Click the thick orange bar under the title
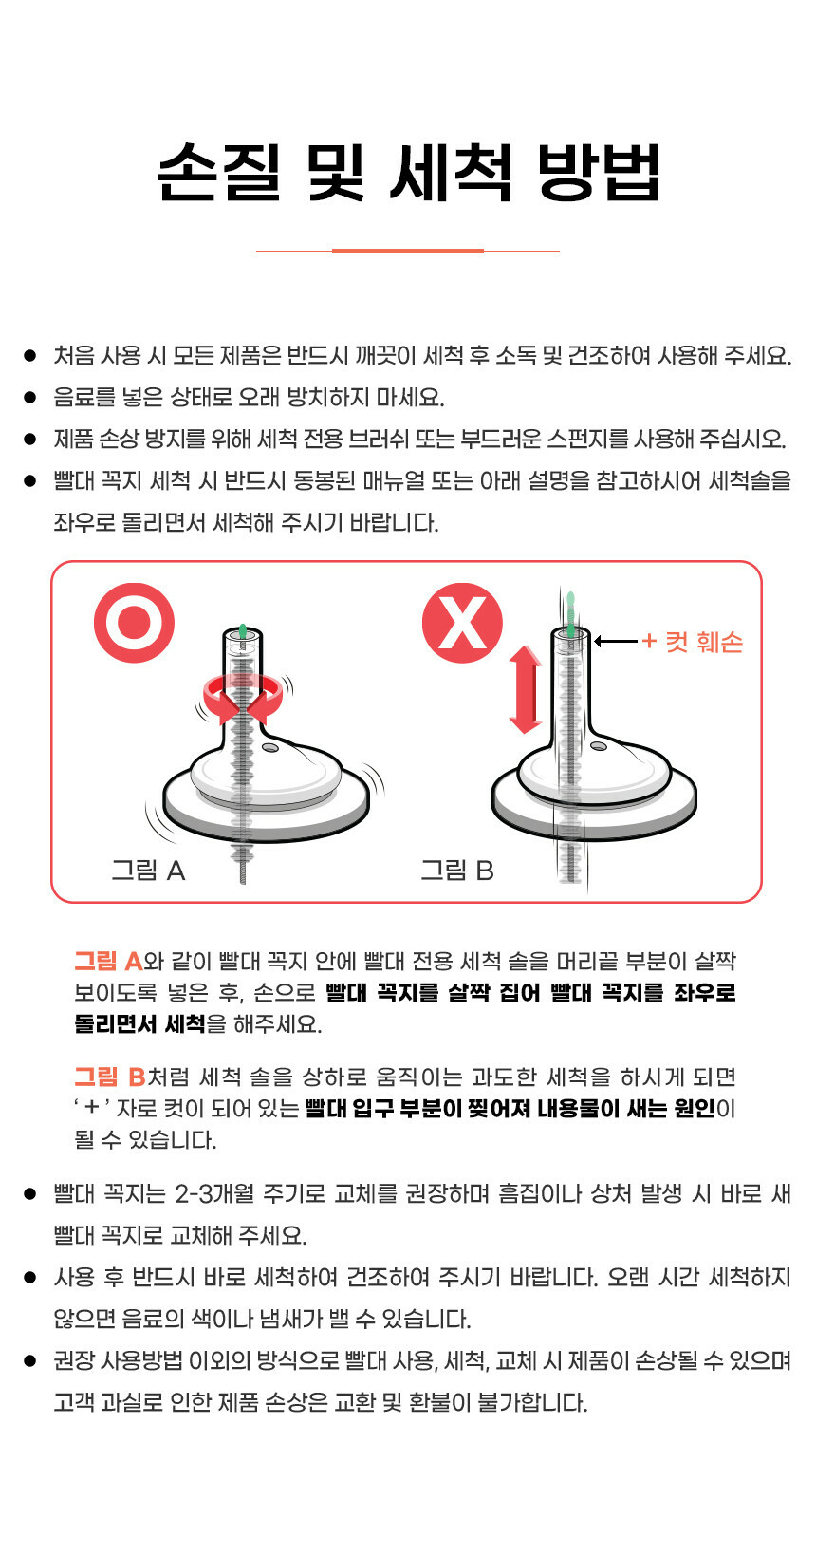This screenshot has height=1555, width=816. pyautogui.click(x=408, y=251)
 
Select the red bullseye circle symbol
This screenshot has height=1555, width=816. pyautogui.click(x=134, y=622)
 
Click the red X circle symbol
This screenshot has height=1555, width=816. pyautogui.click(x=462, y=622)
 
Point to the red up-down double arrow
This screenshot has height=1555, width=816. pyautogui.click(x=526, y=689)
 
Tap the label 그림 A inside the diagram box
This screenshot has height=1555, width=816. pyautogui.click(x=148, y=870)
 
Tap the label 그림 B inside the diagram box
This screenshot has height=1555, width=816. pyautogui.click(x=457, y=870)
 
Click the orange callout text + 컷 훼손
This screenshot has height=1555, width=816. pyautogui.click(x=693, y=642)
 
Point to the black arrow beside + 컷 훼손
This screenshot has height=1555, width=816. pyautogui.click(x=616, y=642)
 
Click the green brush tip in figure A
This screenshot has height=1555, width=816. pyautogui.click(x=243, y=630)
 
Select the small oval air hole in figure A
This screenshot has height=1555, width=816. pyautogui.click(x=270, y=747)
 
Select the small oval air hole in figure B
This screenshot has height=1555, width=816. pyautogui.click(x=598, y=746)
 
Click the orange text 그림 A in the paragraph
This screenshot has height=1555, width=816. pyautogui.click(x=108, y=962)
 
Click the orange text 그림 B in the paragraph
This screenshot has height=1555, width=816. pyautogui.click(x=110, y=1077)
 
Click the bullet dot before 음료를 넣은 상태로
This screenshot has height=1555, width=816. pyautogui.click(x=29, y=398)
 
